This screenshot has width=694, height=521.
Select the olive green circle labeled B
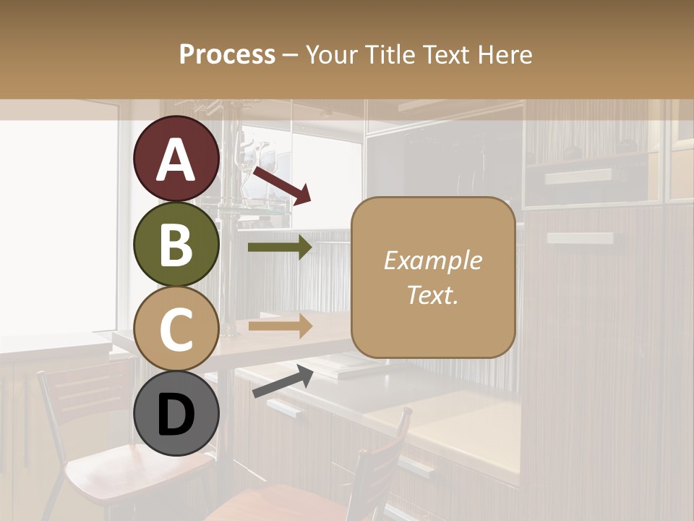176,245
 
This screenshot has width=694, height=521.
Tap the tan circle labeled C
176,329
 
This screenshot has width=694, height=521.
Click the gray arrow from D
283,381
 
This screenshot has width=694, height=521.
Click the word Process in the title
227,54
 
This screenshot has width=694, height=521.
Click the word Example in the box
432,260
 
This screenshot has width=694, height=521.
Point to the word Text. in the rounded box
432,295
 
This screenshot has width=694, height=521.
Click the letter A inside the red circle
176,161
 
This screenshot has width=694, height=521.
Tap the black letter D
176,415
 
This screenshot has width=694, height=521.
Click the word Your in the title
332,54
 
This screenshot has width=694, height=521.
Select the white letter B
176,245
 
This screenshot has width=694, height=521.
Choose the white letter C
176,329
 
